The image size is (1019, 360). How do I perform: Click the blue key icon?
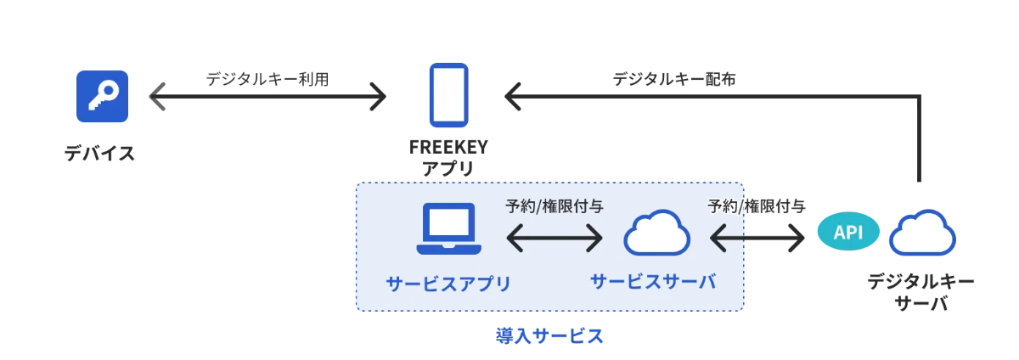pyautogui.click(x=102, y=97)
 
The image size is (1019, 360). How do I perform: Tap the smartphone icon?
pyautogui.click(x=448, y=93)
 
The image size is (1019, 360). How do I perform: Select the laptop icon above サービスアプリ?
pyautogui.click(x=448, y=230)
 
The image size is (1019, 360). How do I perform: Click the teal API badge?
pyautogui.click(x=848, y=233)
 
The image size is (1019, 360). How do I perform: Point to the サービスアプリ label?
pyautogui.click(x=448, y=283)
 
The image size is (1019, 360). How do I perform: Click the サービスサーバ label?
pyautogui.click(x=653, y=281)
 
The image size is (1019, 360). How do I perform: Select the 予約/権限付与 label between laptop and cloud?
pyautogui.click(x=555, y=205)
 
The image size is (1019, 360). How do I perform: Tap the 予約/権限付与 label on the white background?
pyautogui.click(x=757, y=205)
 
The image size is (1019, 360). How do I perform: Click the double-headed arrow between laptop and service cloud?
pyautogui.click(x=555, y=239)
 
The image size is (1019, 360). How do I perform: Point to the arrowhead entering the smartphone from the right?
pyautogui.click(x=511, y=99)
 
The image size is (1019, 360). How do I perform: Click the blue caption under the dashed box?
pyautogui.click(x=549, y=337)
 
